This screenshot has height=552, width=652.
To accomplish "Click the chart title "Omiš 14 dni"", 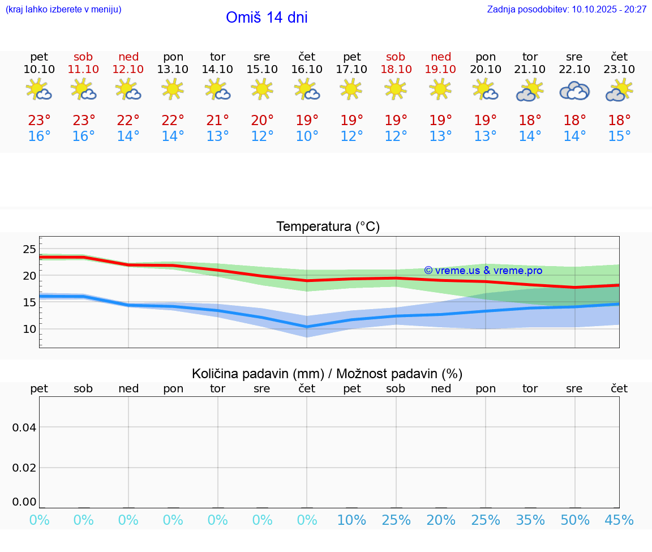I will (x=267, y=18).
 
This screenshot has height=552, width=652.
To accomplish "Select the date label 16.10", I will (x=307, y=69).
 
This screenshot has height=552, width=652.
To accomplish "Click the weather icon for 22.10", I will (x=574, y=91).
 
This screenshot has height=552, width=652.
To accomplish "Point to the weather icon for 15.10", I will (x=262, y=89).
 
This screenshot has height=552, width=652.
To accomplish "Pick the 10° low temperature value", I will (x=307, y=136).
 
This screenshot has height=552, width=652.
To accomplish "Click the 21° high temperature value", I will (x=217, y=121).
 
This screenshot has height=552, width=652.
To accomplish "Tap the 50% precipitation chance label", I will (x=575, y=520).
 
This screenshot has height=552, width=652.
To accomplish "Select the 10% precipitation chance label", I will (x=351, y=520).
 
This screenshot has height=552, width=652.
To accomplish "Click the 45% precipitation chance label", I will (x=619, y=520).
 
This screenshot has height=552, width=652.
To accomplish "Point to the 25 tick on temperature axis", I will (x=29, y=249).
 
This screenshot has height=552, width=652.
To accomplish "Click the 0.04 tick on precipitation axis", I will (x=24, y=427).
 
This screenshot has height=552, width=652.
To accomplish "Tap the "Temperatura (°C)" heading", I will (x=328, y=226).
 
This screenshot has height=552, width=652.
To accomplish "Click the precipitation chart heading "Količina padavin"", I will (x=327, y=374).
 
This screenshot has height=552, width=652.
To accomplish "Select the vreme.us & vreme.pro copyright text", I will (x=483, y=271).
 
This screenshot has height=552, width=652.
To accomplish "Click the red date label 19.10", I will (x=440, y=69).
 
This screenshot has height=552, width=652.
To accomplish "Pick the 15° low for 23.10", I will (x=619, y=136).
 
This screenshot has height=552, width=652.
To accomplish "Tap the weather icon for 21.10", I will (x=530, y=91).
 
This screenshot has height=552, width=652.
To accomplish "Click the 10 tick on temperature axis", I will (x=29, y=329).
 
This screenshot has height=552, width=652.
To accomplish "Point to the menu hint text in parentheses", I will (x=63, y=9).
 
